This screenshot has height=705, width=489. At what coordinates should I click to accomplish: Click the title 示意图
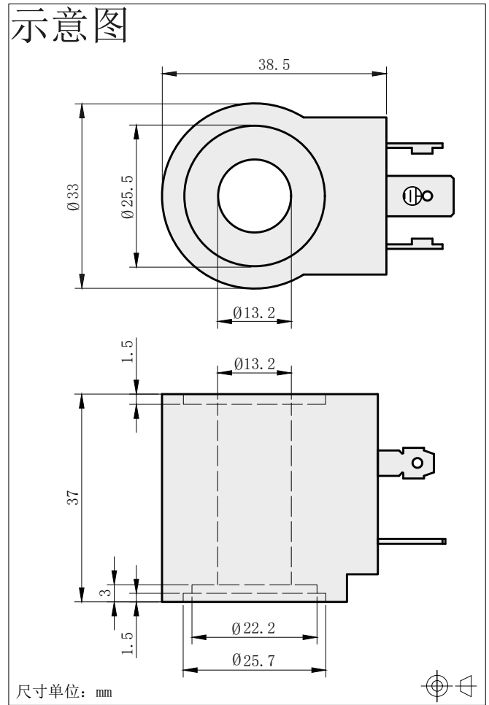pyautogui.click(x=69, y=25)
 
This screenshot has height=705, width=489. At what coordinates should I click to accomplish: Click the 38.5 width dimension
pyautogui.click(x=274, y=65)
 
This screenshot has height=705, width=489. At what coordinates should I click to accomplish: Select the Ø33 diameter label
pyautogui.click(x=73, y=196)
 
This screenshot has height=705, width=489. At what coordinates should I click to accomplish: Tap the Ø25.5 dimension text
pyautogui.click(x=128, y=196)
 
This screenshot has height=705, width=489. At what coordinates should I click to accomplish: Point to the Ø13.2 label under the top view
pyautogui.click(x=254, y=312)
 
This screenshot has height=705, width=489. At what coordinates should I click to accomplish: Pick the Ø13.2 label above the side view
pyautogui.click(x=254, y=363)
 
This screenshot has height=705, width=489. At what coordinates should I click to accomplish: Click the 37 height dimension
pyautogui.click(x=73, y=498)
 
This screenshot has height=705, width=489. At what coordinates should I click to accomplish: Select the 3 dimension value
pyautogui.click(x=105, y=592)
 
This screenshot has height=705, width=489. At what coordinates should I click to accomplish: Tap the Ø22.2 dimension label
pyautogui.click(x=253, y=628)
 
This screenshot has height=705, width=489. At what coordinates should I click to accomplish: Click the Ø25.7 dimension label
pyautogui.click(x=253, y=660)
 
